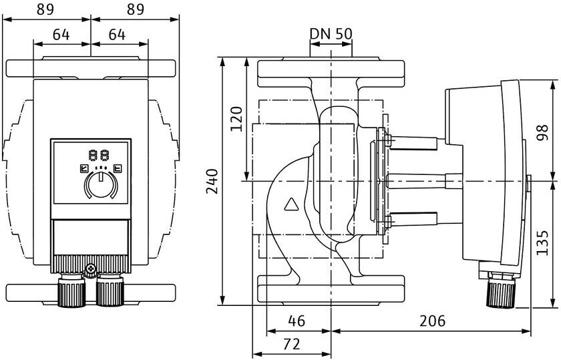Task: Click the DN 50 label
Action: [x=331, y=33]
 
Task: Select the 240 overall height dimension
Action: [x=212, y=181]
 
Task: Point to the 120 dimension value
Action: [x=236, y=119]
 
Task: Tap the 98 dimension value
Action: [x=543, y=132]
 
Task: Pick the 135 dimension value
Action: [x=543, y=242]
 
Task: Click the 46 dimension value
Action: [x=297, y=321]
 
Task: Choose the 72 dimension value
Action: [x=291, y=344]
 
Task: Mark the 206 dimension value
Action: [x=433, y=321]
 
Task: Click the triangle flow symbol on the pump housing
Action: [x=293, y=204]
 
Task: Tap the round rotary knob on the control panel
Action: [x=101, y=184]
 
